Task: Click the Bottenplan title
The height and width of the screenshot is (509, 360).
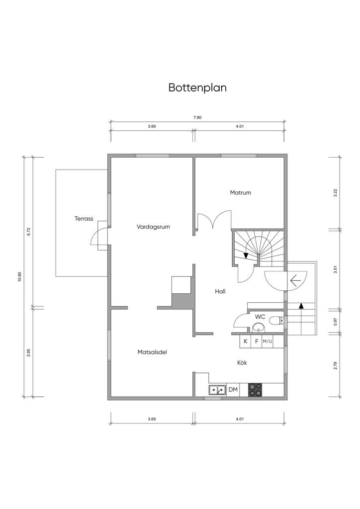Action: [197, 88]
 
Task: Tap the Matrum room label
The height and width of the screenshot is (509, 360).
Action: [240, 192]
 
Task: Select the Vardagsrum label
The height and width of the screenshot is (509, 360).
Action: [154, 227]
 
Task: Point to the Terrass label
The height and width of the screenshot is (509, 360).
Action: [84, 218]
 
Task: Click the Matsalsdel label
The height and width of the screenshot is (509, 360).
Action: [152, 352]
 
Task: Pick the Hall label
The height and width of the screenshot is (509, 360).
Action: [220, 291]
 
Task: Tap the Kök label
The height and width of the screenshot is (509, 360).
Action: [242, 363]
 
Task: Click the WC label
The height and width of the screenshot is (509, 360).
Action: [260, 317]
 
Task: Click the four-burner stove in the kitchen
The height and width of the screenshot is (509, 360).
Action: [255, 390]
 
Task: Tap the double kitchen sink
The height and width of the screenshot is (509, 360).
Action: [217, 390]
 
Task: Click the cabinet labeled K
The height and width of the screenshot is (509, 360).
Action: [245, 341]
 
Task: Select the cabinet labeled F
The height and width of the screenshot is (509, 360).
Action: [257, 341]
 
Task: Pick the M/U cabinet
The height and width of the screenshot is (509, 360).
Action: [268, 341]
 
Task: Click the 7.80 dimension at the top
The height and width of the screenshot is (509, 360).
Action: [197, 118]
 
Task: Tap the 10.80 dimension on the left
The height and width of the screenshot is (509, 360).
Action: [19, 277]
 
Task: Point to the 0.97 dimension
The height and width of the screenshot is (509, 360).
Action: [336, 322]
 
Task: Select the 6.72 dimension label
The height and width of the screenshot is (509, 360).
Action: [29, 232]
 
